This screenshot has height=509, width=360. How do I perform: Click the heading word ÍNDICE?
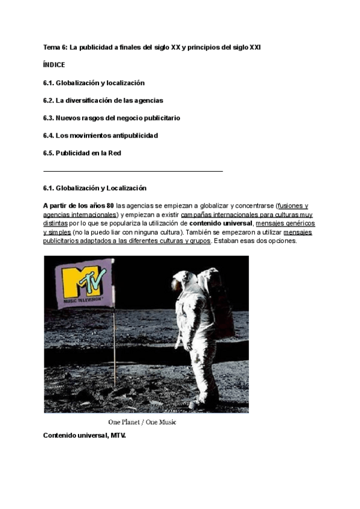tap(54, 64)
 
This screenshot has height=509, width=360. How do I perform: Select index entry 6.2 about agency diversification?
tap(103, 100)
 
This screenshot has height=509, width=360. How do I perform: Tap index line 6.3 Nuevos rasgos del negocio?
tap(112, 118)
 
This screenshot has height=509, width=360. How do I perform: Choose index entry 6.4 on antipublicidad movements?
tap(100, 136)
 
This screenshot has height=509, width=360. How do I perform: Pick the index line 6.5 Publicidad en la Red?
tap(82, 153)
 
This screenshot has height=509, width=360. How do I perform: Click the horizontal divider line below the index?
tap(133, 171)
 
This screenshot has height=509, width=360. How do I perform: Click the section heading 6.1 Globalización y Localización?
tap(95, 188)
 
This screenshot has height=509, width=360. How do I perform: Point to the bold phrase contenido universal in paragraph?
tap(221, 223)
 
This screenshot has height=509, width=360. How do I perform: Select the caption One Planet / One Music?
tap(146, 423)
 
